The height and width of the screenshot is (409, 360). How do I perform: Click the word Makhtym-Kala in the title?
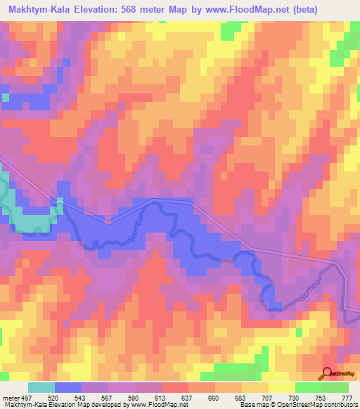(37, 9)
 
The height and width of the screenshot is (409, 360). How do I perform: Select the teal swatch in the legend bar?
(41, 388)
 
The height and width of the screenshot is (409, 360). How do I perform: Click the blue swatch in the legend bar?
(68, 388)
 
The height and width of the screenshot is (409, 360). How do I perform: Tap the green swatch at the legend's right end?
(335, 388)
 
